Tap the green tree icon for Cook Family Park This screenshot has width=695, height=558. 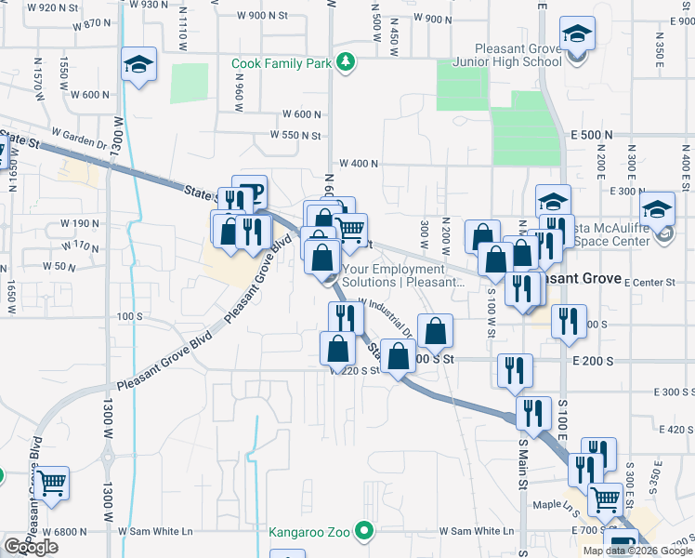(346, 62)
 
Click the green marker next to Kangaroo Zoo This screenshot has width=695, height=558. (364, 533)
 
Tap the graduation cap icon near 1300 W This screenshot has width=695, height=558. (138, 64)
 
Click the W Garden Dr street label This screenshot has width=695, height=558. (80, 141)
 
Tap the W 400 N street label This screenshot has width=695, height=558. (359, 163)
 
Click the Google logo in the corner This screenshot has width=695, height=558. (31, 547)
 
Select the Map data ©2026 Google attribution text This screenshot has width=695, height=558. (636, 551)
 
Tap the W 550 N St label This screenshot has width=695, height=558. (295, 135)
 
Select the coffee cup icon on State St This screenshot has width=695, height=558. (249, 193)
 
